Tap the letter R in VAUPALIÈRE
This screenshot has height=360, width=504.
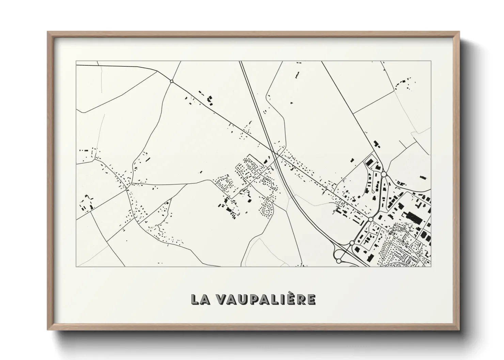(300, 299)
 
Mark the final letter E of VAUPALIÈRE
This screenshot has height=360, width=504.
(311, 299)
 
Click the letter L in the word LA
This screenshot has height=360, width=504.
(195, 299)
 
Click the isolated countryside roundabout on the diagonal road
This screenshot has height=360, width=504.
(172, 81)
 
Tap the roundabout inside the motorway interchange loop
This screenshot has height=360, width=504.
(338, 261)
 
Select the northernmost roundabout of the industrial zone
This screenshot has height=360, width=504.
(384, 174)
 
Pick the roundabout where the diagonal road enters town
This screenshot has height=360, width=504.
(371, 219)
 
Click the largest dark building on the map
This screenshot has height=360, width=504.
(414, 217)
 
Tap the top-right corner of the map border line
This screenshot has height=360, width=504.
(431, 61)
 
